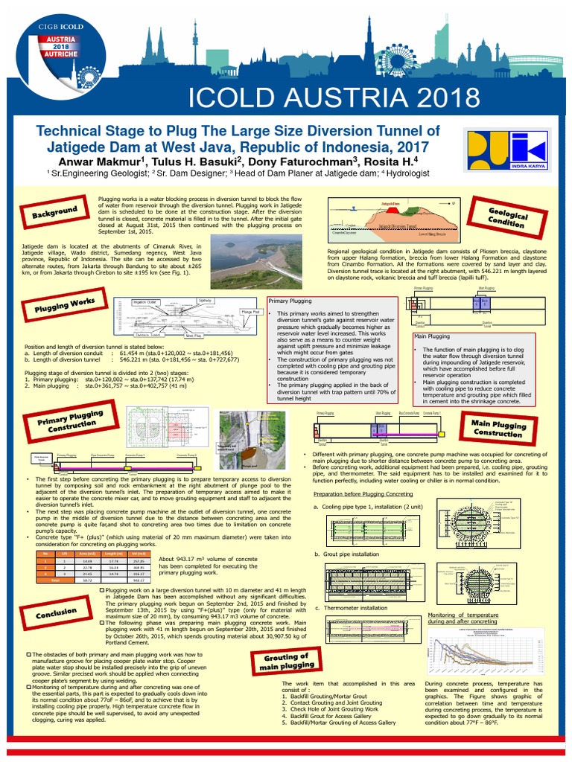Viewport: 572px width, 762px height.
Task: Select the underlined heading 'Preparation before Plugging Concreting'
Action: [x=362, y=493]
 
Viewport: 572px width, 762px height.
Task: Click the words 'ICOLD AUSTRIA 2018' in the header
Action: [x=334, y=97]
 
